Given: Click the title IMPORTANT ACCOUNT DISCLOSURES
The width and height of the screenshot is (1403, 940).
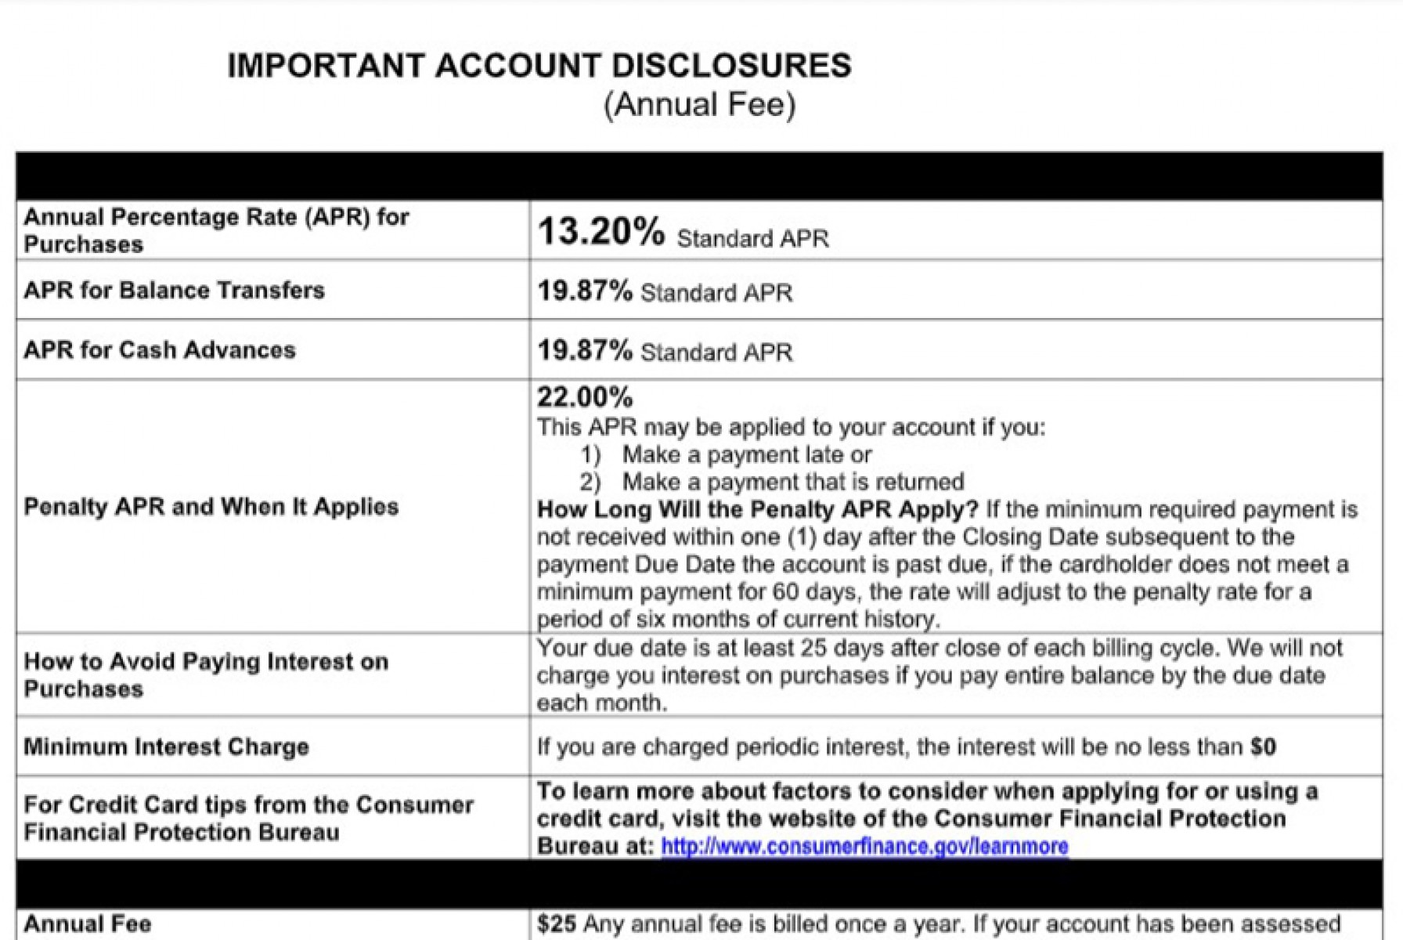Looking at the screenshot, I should click(539, 66).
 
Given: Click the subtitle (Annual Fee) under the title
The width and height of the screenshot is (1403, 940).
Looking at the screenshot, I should click(699, 104).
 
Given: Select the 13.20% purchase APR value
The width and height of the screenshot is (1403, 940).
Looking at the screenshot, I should click(601, 232).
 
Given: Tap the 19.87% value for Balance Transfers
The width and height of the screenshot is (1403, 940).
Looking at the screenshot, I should click(584, 291).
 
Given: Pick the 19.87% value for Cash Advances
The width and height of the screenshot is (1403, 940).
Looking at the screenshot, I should click(584, 350).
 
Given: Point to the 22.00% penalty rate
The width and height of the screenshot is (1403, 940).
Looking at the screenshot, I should click(584, 398).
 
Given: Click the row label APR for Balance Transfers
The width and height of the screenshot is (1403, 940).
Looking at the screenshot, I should click(174, 291).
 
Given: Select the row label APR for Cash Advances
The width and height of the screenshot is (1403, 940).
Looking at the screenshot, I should click(160, 350).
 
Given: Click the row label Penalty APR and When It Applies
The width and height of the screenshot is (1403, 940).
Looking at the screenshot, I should click(211, 507).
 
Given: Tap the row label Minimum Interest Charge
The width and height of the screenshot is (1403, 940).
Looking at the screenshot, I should click(166, 747).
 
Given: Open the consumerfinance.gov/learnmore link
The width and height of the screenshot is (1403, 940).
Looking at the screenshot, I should click(864, 847).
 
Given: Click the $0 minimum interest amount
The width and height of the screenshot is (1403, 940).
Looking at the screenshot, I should click(1263, 747).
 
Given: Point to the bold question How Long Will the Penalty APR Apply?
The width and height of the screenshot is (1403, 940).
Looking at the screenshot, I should click(757, 510).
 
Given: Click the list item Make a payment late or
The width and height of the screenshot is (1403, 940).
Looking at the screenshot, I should click(746, 455).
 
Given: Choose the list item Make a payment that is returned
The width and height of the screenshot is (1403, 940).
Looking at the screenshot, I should click(792, 482).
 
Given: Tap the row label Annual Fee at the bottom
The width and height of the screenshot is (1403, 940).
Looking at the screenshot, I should click(87, 924).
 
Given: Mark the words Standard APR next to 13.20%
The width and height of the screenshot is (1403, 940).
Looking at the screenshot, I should click(752, 238).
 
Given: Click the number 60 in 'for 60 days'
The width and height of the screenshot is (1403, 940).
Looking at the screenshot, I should click(788, 592).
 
